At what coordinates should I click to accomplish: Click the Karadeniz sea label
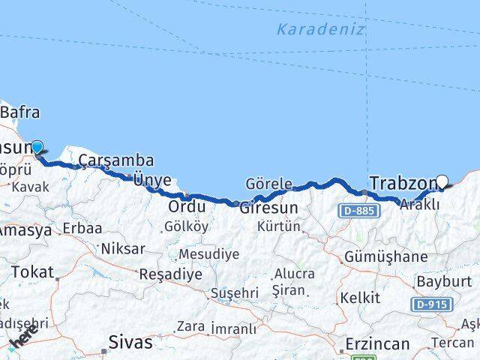(x=320, y=30)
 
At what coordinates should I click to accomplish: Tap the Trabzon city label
(x=403, y=183)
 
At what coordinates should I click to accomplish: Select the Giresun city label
(x=268, y=208)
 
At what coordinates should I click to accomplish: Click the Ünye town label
(x=152, y=180)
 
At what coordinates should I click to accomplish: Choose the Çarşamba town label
(x=116, y=160)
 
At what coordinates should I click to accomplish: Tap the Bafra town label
(x=21, y=113)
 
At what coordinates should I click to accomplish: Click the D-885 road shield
(x=358, y=211)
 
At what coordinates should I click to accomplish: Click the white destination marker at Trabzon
(x=442, y=181)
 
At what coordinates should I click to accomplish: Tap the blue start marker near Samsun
(x=36, y=148)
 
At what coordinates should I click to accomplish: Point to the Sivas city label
(x=130, y=343)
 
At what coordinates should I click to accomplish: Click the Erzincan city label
(x=377, y=344)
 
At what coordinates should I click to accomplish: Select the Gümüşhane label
(x=385, y=257)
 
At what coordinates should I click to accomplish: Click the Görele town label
(x=268, y=184)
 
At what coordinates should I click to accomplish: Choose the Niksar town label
(x=122, y=249)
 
